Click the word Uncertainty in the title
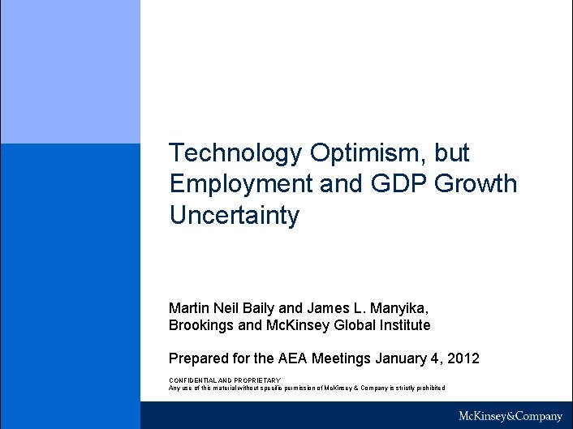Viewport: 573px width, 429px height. pyautogui.click(x=235, y=215)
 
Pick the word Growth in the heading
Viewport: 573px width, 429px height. pyautogui.click(x=476, y=184)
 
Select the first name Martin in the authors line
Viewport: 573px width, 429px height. pyautogui.click(x=188, y=308)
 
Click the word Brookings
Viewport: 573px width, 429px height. pyautogui.click(x=202, y=325)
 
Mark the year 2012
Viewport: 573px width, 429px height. pyautogui.click(x=463, y=358)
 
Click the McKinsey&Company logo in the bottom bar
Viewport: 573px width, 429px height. pyautogui.click(x=510, y=416)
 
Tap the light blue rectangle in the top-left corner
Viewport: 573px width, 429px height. pyautogui.click(x=70, y=71)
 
